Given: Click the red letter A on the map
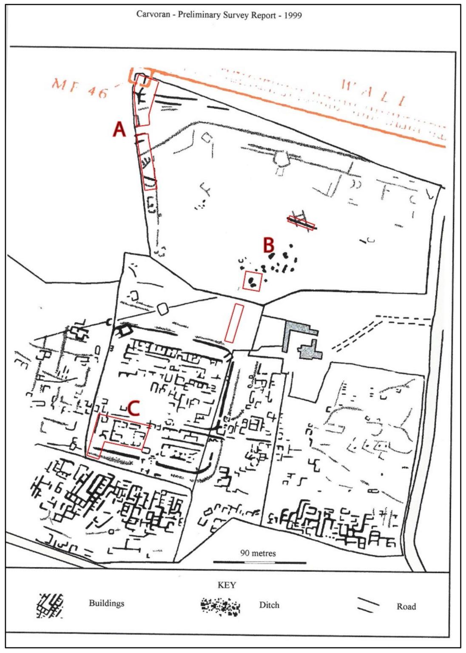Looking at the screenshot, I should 119,129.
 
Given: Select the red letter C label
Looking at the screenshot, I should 134,408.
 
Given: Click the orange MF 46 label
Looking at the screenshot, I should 80,88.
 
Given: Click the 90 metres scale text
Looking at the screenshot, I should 258,553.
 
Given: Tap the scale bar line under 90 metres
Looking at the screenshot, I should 259,562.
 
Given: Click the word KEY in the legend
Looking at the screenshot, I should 227,585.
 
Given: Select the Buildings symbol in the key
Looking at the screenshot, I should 50,605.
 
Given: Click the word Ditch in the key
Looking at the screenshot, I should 269,605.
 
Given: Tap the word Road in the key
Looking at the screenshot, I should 406,607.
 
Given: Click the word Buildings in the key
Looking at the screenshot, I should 106,603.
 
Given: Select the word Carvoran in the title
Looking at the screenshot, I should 151,15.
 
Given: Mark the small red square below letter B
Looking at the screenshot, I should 252,281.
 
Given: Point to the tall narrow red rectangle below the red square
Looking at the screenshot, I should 233,323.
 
